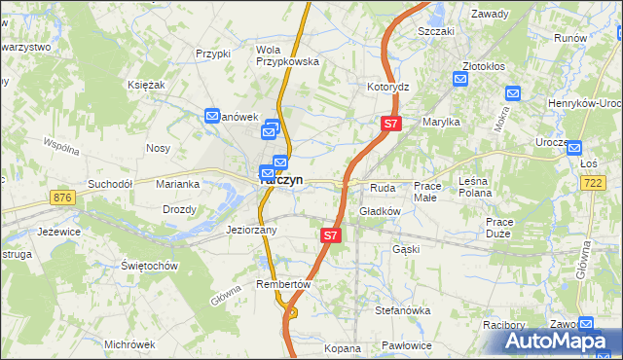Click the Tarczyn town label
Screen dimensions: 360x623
(x=283, y=180)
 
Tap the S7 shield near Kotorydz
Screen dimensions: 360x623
(x=390, y=124)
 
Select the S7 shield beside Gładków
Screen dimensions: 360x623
(x=331, y=235)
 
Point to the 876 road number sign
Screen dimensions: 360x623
(x=64, y=198)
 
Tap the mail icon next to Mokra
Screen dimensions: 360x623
(x=513, y=93)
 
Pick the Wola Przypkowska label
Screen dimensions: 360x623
(x=287, y=55)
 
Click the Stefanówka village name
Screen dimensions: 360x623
(x=403, y=310)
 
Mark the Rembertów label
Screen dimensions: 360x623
(x=282, y=284)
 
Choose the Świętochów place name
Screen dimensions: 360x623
(x=148, y=266)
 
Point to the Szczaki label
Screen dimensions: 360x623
(x=436, y=31)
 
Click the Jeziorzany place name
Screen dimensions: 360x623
(x=251, y=231)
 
